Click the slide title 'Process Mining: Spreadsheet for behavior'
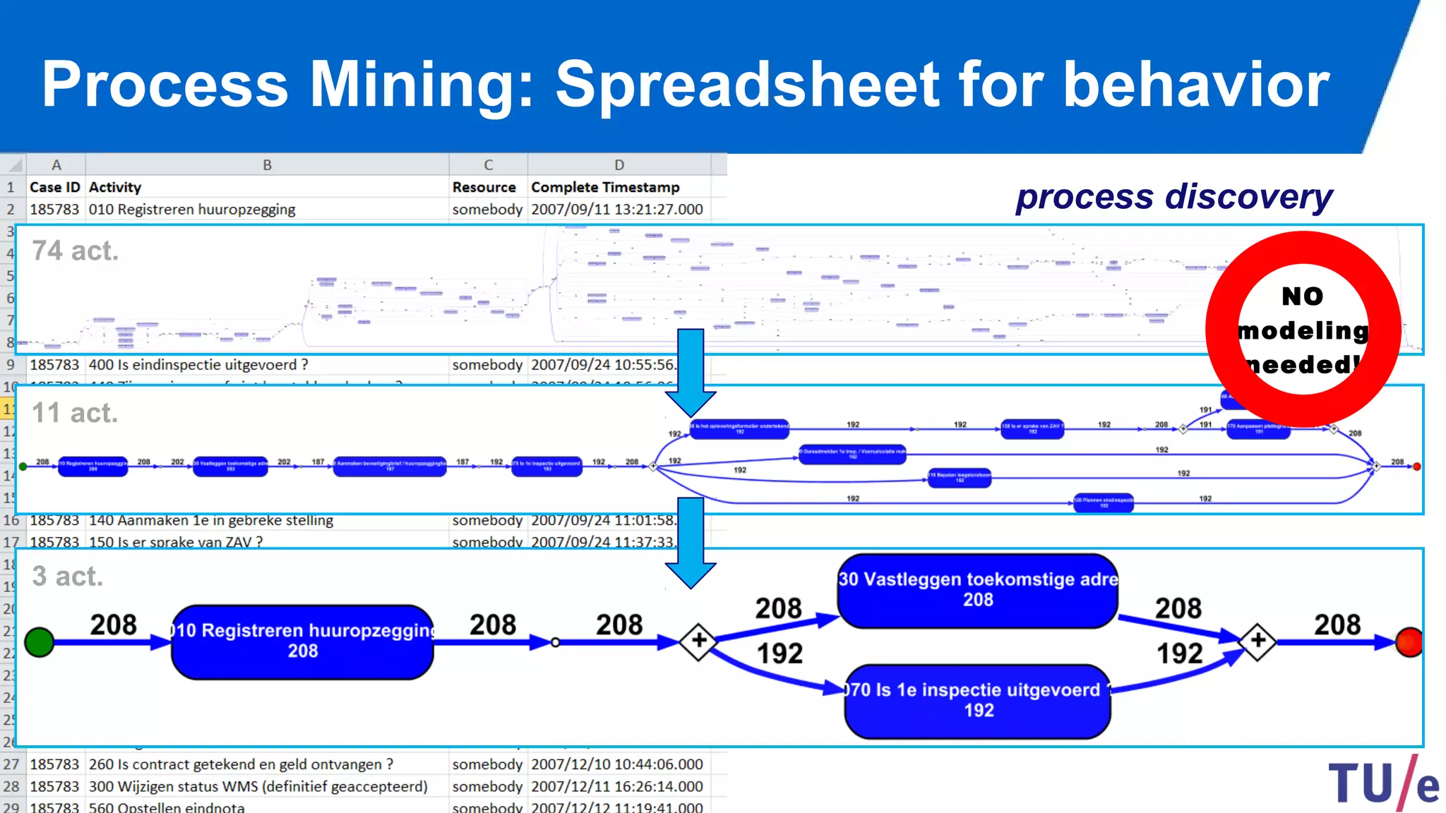[685, 85]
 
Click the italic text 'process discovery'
[1173, 197]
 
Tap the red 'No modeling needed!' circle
[1303, 329]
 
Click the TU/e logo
[1382, 783]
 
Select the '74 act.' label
[75, 251]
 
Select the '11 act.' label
[75, 413]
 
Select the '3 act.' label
[67, 577]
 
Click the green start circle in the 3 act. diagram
[40, 642]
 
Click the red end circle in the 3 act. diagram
[1409, 642]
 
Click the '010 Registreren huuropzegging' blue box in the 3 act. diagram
[302, 642]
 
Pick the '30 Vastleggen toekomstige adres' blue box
[978, 591]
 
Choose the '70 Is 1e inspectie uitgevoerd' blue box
[978, 701]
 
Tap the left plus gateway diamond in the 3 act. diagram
[698, 641]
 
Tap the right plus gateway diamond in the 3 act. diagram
[1258, 641]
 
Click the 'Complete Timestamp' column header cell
[605, 187]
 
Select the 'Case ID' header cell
[55, 187]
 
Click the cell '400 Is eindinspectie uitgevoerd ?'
[198, 365]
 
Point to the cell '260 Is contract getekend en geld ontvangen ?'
[241, 764]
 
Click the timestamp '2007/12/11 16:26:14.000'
[616, 786]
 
